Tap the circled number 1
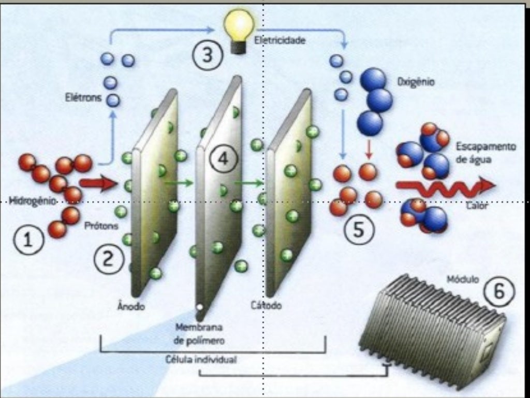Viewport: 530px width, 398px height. pyautogui.click(x=28, y=239)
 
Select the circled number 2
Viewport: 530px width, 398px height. pyautogui.click(x=109, y=260)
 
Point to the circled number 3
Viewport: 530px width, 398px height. pyautogui.click(x=208, y=54)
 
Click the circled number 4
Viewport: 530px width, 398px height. pyautogui.click(x=224, y=159)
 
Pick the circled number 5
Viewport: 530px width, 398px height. pyautogui.click(x=359, y=230)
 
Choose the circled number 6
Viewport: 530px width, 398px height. pyautogui.click(x=499, y=291)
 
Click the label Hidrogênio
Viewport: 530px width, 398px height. pyautogui.click(x=32, y=201)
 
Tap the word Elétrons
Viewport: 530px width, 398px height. pyautogui.click(x=83, y=98)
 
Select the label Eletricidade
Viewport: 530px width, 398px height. pyautogui.click(x=280, y=40)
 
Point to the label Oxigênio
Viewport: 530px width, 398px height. pyautogui.click(x=416, y=82)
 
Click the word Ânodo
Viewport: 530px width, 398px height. pyautogui.click(x=131, y=306)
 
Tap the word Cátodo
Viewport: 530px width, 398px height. pyautogui.click(x=267, y=305)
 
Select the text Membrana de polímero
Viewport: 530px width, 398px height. pyautogui.click(x=199, y=334)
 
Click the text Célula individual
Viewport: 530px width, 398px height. pyautogui.click(x=201, y=360)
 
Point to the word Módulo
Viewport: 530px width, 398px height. pyautogui.click(x=463, y=279)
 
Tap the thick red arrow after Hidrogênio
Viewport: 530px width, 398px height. pyautogui.click(x=98, y=183)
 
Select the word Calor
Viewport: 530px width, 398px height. pyautogui.click(x=477, y=205)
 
